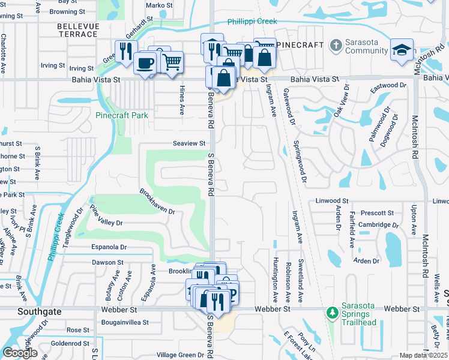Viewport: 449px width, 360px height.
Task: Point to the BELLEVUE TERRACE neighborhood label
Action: point(77,30)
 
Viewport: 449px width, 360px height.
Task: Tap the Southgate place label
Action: point(20,312)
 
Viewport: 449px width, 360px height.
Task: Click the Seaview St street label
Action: point(190,143)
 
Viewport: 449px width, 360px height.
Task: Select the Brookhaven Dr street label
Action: point(157,203)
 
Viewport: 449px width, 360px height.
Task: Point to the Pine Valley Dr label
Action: point(106,215)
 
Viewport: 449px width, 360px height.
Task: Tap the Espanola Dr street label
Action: point(109,247)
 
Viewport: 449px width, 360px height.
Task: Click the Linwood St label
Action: point(331,200)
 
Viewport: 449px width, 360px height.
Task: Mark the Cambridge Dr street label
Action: point(378,225)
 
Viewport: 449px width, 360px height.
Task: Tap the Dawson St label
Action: point(107,262)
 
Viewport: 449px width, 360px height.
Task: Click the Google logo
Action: point(20,353)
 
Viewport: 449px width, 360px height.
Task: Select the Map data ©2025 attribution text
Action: point(423,355)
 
